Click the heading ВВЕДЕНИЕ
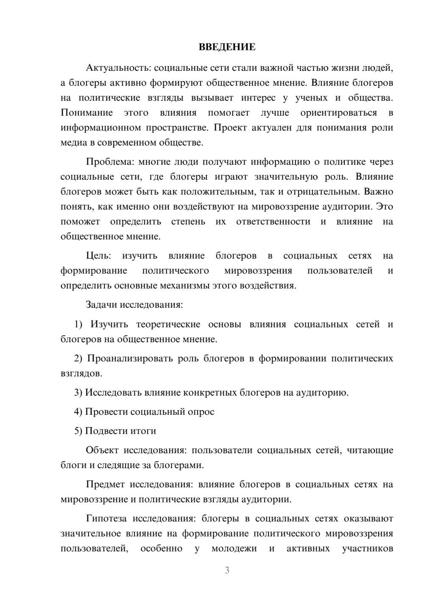227,47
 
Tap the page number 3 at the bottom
227,570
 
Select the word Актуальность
117,68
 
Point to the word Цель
98,255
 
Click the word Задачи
102,305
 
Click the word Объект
102,450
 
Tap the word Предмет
105,484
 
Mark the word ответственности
273,222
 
